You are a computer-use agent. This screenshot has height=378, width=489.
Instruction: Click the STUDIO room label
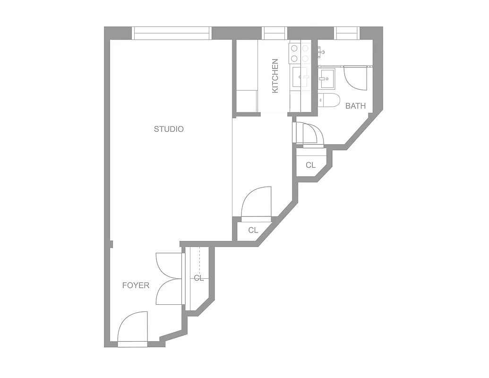pyautogui.click(x=169, y=129)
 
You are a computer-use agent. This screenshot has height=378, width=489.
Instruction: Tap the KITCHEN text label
pyautogui.click(x=275, y=76)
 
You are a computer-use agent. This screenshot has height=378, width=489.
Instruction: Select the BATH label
pyautogui.click(x=355, y=106)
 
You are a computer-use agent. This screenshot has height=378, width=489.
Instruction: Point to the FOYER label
pyautogui.click(x=136, y=285)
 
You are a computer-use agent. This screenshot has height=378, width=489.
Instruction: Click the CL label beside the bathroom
pyautogui.click(x=310, y=165)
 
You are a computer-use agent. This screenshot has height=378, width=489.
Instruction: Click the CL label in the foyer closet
pyautogui.click(x=198, y=278)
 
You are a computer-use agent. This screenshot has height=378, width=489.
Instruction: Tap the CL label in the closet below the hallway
pyautogui.click(x=253, y=231)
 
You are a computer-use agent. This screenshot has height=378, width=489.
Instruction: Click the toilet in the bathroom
pyautogui.click(x=329, y=100)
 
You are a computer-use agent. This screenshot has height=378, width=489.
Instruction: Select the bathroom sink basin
pyautogui.click(x=326, y=79)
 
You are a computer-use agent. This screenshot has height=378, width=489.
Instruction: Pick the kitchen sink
pyautogui.click(x=300, y=77)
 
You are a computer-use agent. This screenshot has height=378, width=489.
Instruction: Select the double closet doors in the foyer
pyautogui.click(x=169, y=279)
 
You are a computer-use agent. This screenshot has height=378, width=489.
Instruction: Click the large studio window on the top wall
pyautogui.click(x=171, y=33)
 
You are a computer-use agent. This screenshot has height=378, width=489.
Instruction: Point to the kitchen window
pyautogui.click(x=275, y=33)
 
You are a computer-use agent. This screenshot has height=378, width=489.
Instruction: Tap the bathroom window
pyautogui.click(x=347, y=33)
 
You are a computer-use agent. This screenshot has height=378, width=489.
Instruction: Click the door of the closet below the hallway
pyautogui.click(x=257, y=203)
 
